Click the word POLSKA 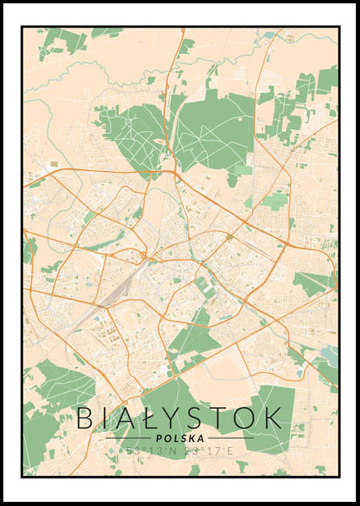(180, 438)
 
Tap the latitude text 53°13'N (148, 451)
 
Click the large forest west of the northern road (133, 133)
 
